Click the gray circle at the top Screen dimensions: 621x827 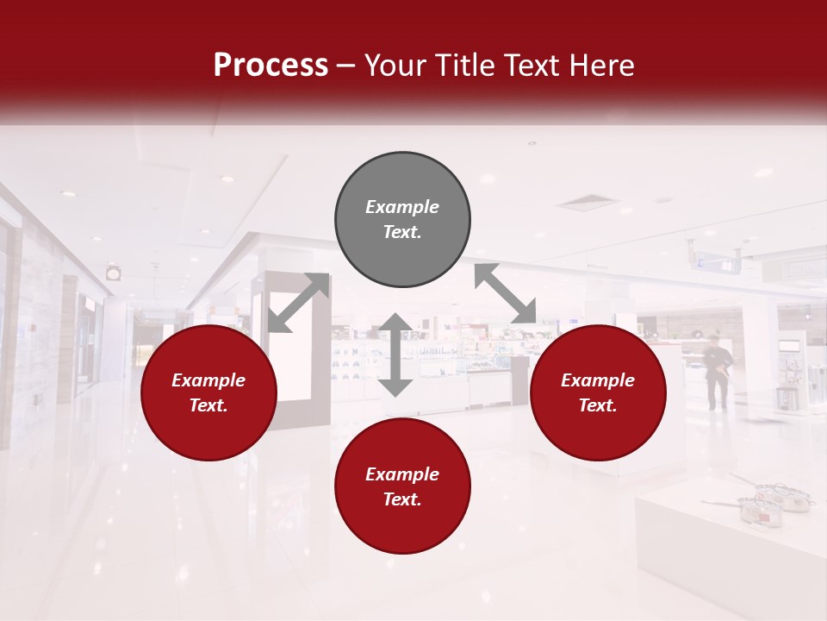click(x=402, y=220)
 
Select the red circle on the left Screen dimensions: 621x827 click(x=208, y=393)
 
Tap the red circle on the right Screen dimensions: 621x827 click(x=598, y=393)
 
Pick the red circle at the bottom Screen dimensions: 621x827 click(x=402, y=486)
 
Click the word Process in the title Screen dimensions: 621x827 click(x=270, y=65)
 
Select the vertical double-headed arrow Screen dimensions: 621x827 click(x=395, y=354)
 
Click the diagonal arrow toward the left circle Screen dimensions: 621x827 click(x=298, y=302)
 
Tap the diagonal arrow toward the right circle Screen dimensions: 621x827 click(x=505, y=293)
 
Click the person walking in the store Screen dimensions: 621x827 click(x=718, y=371)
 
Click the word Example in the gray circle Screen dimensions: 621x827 click(x=402, y=207)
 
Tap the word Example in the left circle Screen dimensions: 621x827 click(x=208, y=380)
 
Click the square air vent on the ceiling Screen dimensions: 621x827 click(x=588, y=204)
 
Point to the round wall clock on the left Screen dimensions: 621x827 click(x=114, y=273)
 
